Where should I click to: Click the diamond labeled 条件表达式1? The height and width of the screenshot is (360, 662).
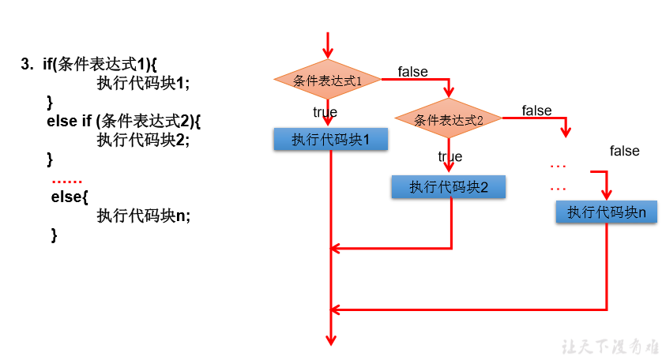(327, 81)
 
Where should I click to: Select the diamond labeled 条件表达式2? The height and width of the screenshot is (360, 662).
(448, 120)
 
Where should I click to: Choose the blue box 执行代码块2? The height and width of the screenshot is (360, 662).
(448, 187)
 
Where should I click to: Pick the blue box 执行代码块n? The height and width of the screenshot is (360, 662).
(607, 212)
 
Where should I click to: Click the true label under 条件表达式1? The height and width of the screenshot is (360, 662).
(325, 112)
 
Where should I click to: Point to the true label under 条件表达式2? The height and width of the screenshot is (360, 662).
(450, 157)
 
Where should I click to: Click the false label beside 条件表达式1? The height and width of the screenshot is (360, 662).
(412, 72)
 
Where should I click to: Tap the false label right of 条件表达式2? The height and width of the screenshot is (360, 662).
(536, 111)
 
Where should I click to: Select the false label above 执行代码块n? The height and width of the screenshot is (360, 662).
(624, 151)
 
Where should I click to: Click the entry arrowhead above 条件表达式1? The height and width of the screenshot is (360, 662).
(327, 51)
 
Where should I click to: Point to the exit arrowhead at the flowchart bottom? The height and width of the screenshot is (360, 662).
(331, 339)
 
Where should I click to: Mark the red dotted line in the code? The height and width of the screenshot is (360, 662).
(66, 181)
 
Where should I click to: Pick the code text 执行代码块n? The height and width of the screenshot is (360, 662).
(143, 216)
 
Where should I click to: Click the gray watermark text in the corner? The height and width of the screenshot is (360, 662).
(607, 347)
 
